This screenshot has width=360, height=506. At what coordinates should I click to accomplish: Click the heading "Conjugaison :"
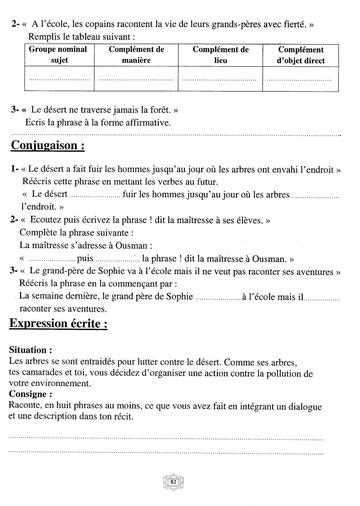(x=48, y=145)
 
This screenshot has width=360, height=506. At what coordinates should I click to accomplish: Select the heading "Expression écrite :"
(x=58, y=323)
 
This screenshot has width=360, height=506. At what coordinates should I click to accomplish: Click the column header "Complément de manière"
(x=136, y=55)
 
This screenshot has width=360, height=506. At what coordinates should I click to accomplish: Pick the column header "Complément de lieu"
(x=220, y=55)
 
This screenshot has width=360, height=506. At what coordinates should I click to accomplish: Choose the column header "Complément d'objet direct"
(x=301, y=55)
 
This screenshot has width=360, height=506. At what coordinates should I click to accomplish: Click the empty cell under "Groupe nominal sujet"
(x=59, y=79)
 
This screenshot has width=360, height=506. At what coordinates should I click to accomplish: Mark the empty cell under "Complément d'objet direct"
(x=300, y=79)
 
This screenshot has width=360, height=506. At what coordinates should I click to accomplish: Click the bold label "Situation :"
(x=30, y=350)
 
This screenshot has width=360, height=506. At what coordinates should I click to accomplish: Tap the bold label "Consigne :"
(x=30, y=394)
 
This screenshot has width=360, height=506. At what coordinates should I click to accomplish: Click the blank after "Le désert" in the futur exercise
(x=95, y=195)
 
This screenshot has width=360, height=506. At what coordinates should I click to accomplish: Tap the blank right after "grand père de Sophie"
(x=218, y=297)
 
